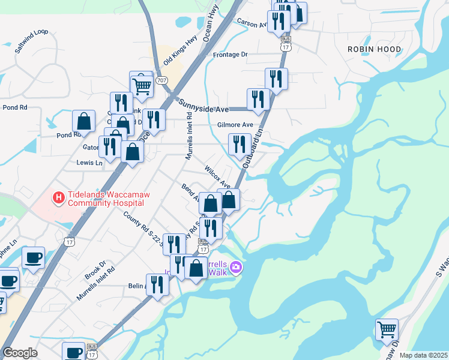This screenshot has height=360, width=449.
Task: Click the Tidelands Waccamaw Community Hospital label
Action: [x=108, y=199]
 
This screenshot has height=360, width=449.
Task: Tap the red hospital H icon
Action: [x=59, y=196]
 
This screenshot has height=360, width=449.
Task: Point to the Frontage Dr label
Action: [x=230, y=55]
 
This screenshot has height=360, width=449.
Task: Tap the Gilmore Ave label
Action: [x=235, y=125]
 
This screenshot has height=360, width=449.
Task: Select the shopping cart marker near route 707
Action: [x=142, y=85]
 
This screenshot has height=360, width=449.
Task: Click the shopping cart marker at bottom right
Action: [x=387, y=329]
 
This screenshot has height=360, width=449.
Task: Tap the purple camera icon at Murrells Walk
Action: [x=236, y=267]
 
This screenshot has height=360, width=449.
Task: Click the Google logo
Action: [x=20, y=353]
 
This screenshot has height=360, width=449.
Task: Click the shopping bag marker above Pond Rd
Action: [x=84, y=121]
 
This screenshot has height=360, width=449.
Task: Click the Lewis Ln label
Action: [x=89, y=162]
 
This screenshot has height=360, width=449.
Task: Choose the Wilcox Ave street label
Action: [x=217, y=176]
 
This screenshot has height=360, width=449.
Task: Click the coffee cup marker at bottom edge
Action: [x=74, y=352]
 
